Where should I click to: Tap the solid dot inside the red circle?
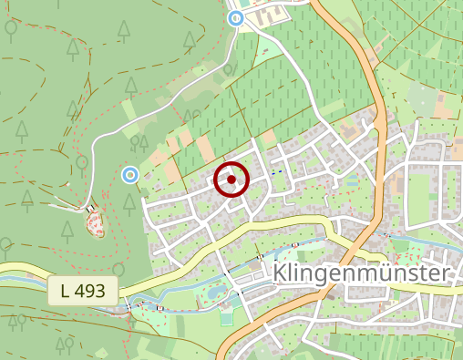[x=231, y=180]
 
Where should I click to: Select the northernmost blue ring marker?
[x=236, y=17]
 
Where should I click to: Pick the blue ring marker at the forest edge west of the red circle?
[x=130, y=174]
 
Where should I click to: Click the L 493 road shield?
[x=83, y=292]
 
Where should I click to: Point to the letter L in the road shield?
[x=65, y=292]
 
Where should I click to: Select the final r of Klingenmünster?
[x=445, y=275]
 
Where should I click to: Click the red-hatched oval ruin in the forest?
[x=95, y=222]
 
